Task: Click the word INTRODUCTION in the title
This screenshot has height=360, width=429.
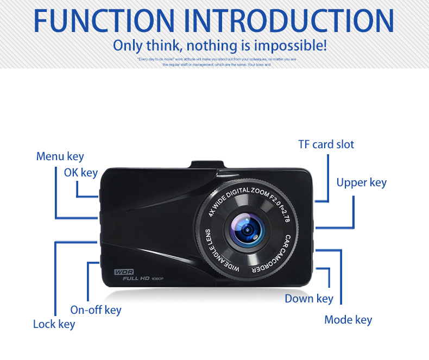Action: (289, 20)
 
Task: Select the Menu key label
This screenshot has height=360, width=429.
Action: (60, 156)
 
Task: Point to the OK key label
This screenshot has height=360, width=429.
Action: (81, 173)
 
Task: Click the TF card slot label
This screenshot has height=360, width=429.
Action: (326, 144)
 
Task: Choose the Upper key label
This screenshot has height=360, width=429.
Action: (361, 182)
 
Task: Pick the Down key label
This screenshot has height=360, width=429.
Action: (309, 299)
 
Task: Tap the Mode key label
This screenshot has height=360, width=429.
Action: (348, 319)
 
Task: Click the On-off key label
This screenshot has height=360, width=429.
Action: (96, 310)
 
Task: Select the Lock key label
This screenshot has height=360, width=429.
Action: (54, 324)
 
